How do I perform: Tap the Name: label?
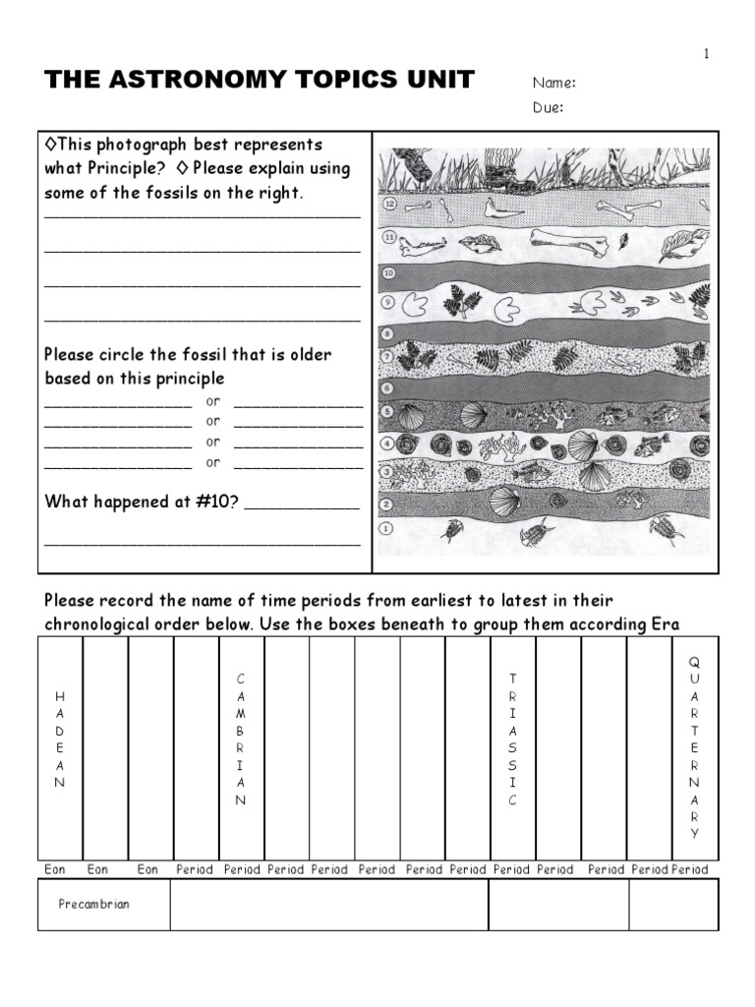pyautogui.click(x=554, y=83)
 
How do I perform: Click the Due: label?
pyautogui.click(x=549, y=108)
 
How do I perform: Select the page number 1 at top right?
pyautogui.click(x=706, y=54)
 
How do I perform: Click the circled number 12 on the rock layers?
pyautogui.click(x=389, y=205)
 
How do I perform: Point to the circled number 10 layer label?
pyautogui.click(x=388, y=272)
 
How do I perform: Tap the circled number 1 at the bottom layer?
pyautogui.click(x=386, y=528)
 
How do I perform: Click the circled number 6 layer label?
pyautogui.click(x=386, y=387)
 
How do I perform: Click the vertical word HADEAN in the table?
pyautogui.click(x=60, y=739)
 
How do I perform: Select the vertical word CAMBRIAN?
pyautogui.click(x=241, y=739)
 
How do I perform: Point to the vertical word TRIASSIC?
pyautogui.click(x=512, y=739)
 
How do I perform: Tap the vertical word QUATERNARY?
pyautogui.click(x=695, y=748)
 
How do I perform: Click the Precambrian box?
pyautogui.click(x=93, y=905)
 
